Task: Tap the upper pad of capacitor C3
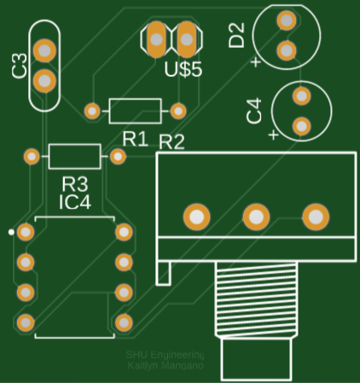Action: pyautogui.click(x=45, y=49)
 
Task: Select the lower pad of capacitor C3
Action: pyautogui.click(x=45, y=80)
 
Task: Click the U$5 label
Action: pyautogui.click(x=183, y=70)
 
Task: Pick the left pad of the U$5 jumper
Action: pyautogui.click(x=156, y=38)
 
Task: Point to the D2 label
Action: pyautogui.click(x=236, y=35)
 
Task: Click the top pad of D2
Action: pyautogui.click(x=287, y=20)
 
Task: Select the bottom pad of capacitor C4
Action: pyautogui.click(x=300, y=126)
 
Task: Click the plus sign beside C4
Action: pyautogui.click(x=272, y=135)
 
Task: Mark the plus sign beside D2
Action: pyautogui.click(x=254, y=61)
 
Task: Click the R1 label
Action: pyautogui.click(x=135, y=137)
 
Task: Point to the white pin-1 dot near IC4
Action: pyautogui.click(x=11, y=231)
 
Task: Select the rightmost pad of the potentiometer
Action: pyautogui.click(x=315, y=217)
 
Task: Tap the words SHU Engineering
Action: pyautogui.click(x=166, y=354)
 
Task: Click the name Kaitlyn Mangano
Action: pyautogui.click(x=165, y=365)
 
